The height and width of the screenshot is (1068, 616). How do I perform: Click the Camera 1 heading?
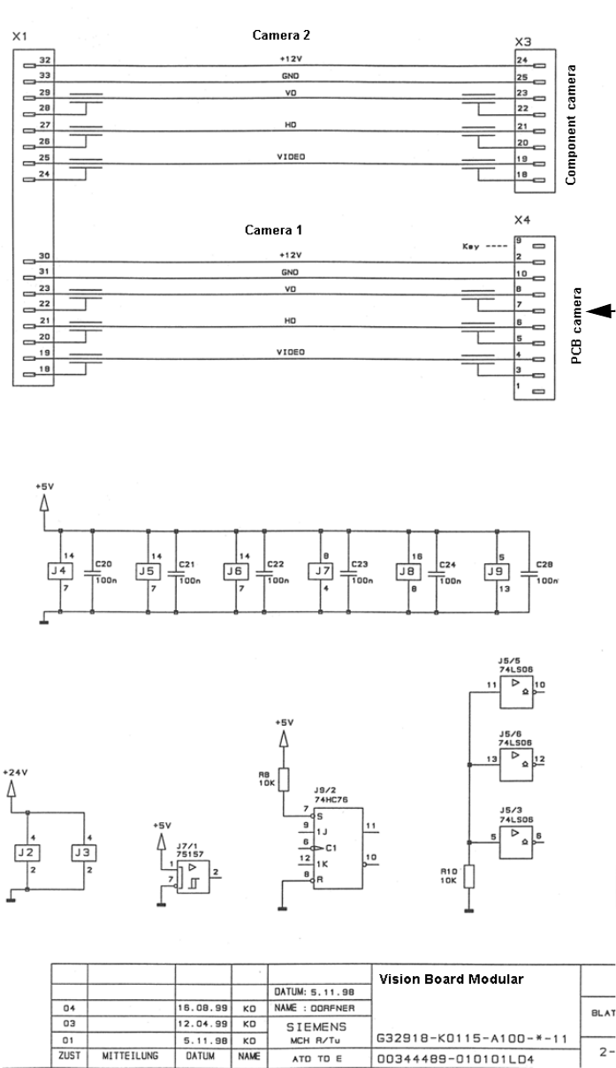[274, 230]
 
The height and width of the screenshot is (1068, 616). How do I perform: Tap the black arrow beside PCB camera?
[601, 309]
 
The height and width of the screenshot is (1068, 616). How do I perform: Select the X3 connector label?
[523, 41]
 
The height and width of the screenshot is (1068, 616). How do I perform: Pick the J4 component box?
[58, 571]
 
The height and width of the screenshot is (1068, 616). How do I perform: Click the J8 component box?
[407, 571]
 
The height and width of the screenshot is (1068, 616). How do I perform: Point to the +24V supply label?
[15, 772]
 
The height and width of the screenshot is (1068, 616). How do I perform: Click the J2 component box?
[26, 853]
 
